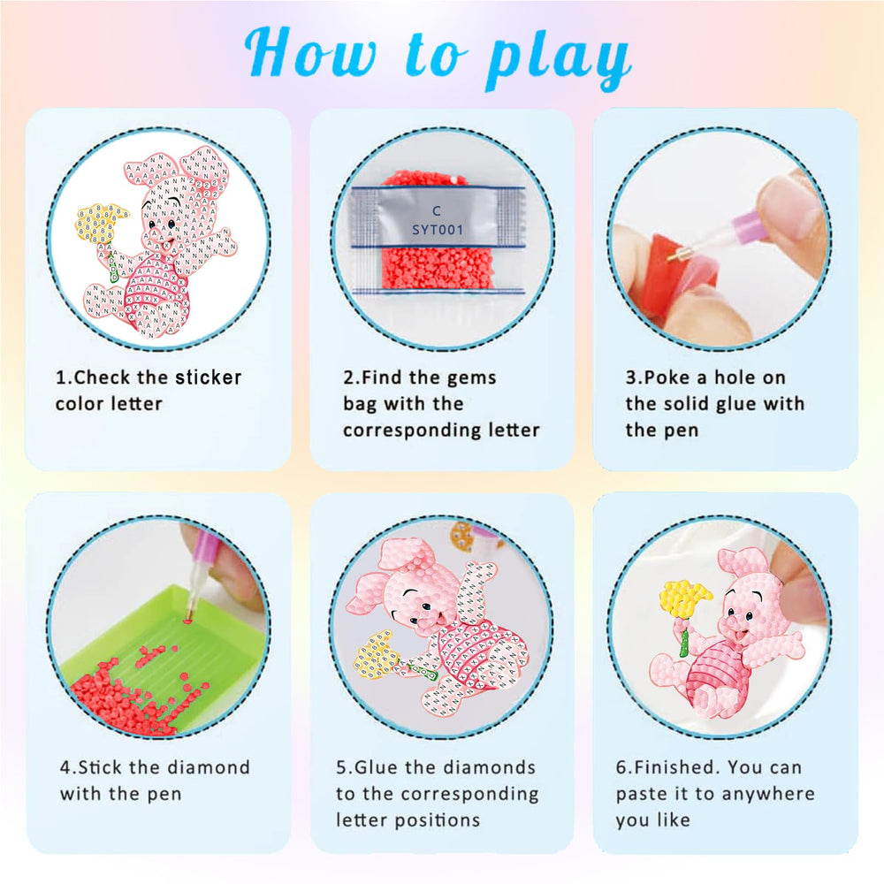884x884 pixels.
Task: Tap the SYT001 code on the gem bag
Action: pyautogui.click(x=436, y=230)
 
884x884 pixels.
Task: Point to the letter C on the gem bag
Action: pyautogui.click(x=436, y=211)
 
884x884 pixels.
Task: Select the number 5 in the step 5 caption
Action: pyautogui.click(x=341, y=766)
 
